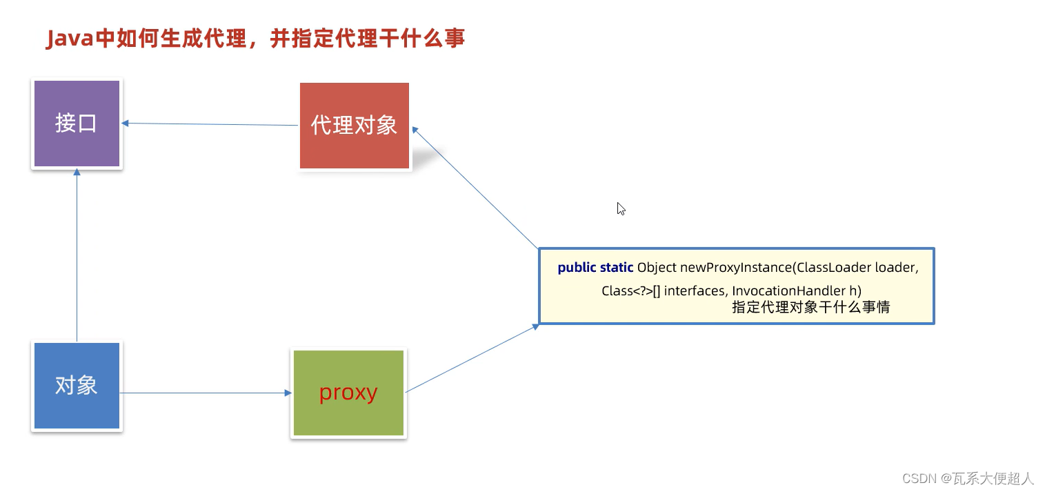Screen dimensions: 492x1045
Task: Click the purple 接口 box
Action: (x=77, y=124)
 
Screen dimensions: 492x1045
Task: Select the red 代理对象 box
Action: (x=355, y=126)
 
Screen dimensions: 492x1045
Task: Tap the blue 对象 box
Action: (x=77, y=386)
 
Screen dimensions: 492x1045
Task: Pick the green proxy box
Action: (x=348, y=393)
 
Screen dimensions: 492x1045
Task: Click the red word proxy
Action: (x=348, y=393)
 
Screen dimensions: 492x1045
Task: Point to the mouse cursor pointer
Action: (x=620, y=208)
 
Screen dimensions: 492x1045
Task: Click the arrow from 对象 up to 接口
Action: (x=77, y=255)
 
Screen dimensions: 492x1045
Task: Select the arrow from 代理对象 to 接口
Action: (x=210, y=124)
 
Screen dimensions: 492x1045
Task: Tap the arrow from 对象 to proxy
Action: (x=206, y=393)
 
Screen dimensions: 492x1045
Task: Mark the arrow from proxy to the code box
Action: (x=472, y=358)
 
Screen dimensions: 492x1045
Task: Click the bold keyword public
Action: (x=577, y=268)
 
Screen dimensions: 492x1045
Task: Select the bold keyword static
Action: (x=617, y=268)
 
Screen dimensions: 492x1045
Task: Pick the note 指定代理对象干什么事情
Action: (x=810, y=307)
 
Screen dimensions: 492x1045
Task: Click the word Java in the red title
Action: (x=69, y=39)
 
